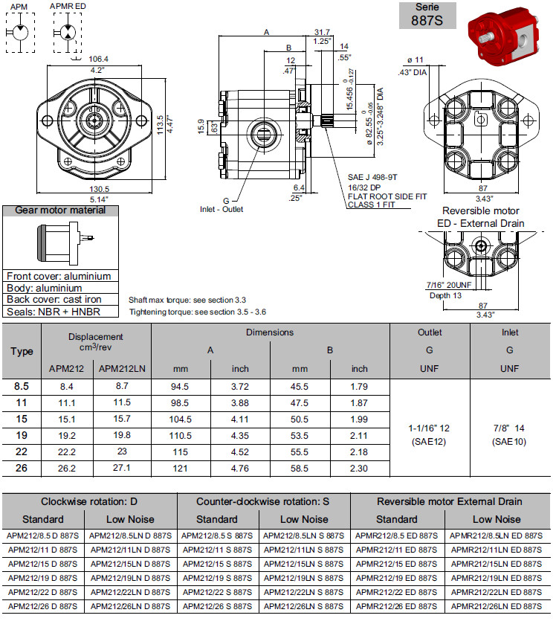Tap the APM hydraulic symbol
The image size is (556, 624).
pos(19,33)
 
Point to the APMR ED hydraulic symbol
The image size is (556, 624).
pos(67,33)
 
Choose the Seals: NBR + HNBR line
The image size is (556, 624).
pos(53,312)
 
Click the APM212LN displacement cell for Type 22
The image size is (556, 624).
pos(114,451)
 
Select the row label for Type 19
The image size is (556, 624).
pos(22,435)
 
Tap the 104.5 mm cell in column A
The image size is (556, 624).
pos(181,419)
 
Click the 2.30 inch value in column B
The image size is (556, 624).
pos(360,468)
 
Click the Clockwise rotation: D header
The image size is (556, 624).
pos(89,501)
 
